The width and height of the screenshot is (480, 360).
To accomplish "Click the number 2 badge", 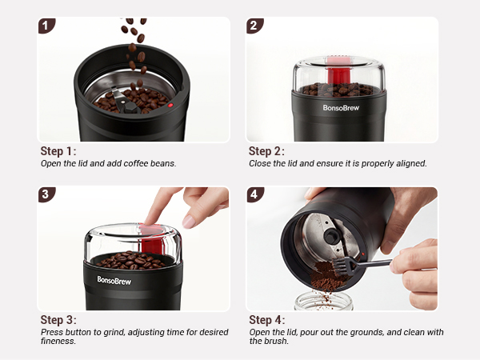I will (x=254, y=26).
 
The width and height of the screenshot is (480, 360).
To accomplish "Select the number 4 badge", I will (x=254, y=194).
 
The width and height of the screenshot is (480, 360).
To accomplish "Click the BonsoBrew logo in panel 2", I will (x=342, y=106).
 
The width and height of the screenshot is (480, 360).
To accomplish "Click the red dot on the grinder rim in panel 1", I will (x=170, y=104).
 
